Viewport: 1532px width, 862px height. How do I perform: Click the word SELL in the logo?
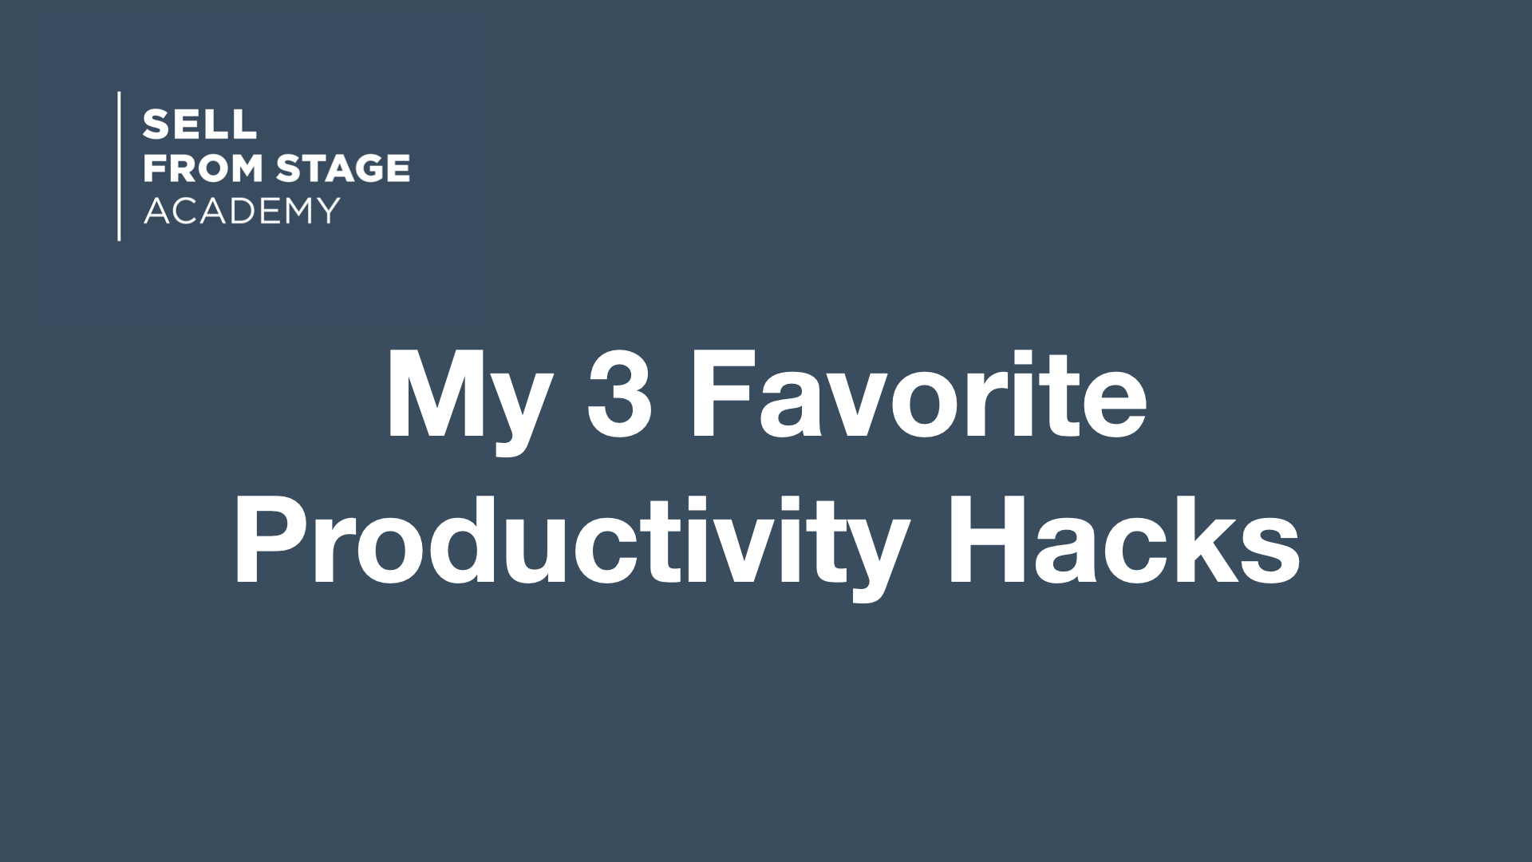tap(199, 125)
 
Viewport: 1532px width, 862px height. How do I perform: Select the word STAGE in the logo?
tap(343, 168)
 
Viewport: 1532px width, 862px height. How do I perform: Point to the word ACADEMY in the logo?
tap(242, 210)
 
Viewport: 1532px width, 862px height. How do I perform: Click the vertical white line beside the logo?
tap(119, 165)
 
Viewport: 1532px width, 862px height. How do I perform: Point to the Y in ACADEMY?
tap(326, 211)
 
